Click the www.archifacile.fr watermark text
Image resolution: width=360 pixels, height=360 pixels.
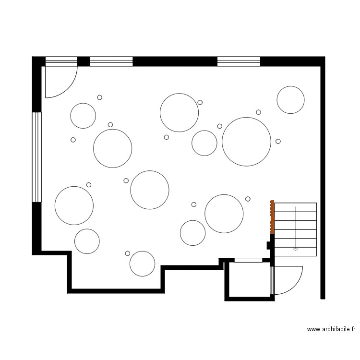click(x=331, y=329)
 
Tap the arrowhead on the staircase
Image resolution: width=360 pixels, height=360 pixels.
click(x=295, y=249)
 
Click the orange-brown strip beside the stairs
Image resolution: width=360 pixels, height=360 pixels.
click(x=272, y=217)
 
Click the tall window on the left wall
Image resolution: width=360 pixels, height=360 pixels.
click(x=37, y=157)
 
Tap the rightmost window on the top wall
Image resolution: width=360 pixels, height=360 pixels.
click(x=239, y=61)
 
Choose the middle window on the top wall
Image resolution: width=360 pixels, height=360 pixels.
click(x=111, y=61)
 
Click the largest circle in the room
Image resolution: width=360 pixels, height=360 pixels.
click(x=246, y=142)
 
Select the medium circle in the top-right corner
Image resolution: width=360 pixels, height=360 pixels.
click(x=291, y=100)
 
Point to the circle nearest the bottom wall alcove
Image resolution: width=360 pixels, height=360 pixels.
click(x=143, y=264)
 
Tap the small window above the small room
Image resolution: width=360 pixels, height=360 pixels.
click(x=248, y=260)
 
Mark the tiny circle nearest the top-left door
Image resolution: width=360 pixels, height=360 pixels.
click(x=100, y=97)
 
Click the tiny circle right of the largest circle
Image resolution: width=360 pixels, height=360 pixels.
click(x=278, y=142)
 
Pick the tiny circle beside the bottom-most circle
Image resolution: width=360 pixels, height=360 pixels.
click(x=128, y=253)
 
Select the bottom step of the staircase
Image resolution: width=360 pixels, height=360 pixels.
click(x=296, y=252)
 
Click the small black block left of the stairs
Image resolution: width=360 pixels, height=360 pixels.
click(x=268, y=245)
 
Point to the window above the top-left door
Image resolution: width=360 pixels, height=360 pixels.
click(x=61, y=61)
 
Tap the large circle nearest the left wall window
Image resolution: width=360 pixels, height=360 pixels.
click(x=74, y=205)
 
